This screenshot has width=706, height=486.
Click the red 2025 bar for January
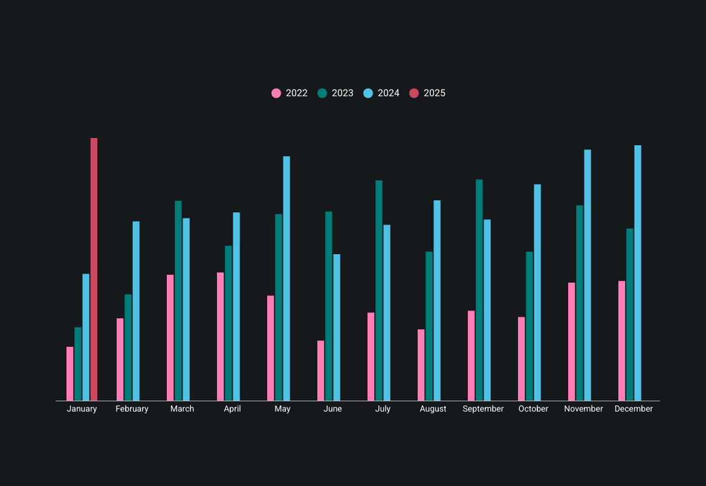[94, 269]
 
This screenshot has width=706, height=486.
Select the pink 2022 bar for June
[320, 370]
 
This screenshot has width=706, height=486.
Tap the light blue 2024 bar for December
[638, 273]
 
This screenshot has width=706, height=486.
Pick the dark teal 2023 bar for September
[479, 290]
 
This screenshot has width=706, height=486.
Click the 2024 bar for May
[287, 278]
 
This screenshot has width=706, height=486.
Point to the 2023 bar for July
[379, 291]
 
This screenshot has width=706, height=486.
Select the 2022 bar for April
[221, 337]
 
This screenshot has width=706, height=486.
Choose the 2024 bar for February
[136, 311]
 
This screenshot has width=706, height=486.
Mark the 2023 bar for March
[178, 301]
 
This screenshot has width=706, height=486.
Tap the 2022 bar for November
[572, 341]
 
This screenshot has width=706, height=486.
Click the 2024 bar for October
[537, 292]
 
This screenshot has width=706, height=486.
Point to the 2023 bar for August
[429, 326]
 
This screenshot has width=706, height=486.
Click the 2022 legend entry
[290, 93]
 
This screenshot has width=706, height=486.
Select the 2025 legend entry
[427, 93]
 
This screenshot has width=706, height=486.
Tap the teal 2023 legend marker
[322, 93]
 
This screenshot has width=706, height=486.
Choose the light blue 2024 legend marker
[368, 93]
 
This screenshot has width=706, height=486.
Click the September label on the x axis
[483, 409]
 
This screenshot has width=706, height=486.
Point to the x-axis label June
[332, 409]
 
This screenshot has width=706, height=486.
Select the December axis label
[633, 409]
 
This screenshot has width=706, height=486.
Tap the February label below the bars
[132, 409]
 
